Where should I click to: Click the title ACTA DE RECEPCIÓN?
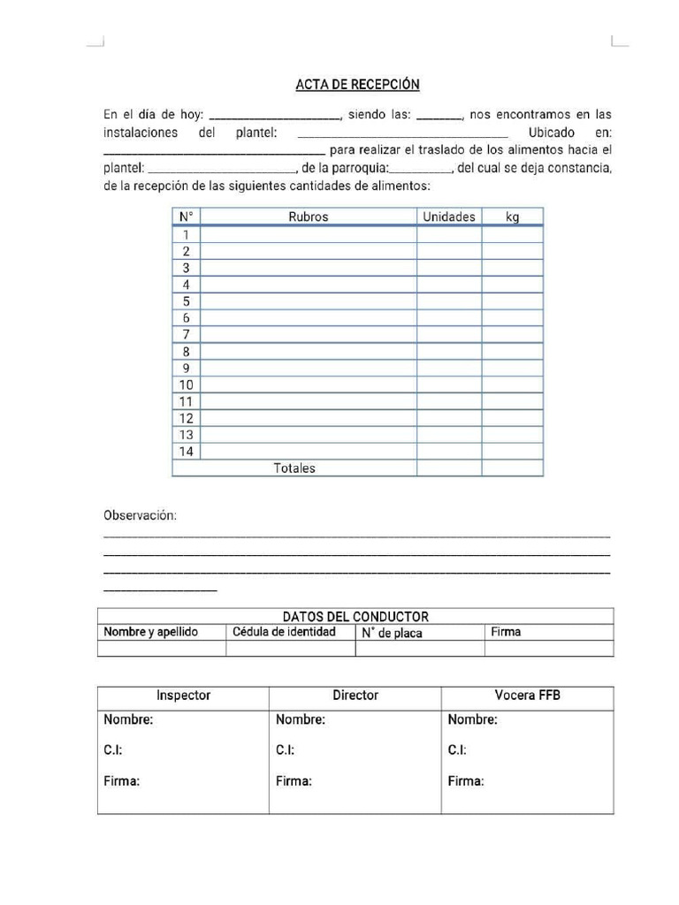(x=357, y=85)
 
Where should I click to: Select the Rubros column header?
(x=308, y=217)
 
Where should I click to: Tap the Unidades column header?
(x=448, y=217)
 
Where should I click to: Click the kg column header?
(x=512, y=217)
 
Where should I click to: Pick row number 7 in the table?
(x=186, y=335)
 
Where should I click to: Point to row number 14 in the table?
(x=186, y=452)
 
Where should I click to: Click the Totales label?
(x=294, y=468)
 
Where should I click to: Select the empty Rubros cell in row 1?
(x=308, y=235)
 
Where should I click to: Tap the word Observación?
(x=140, y=515)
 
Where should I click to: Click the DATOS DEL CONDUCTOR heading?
(x=355, y=617)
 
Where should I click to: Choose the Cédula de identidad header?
(x=284, y=632)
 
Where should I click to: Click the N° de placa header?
(x=392, y=633)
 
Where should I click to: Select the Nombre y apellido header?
(x=151, y=632)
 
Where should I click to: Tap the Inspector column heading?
(x=183, y=696)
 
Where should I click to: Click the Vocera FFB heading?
(x=527, y=696)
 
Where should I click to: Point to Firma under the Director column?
(x=294, y=781)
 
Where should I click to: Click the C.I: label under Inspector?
(x=113, y=750)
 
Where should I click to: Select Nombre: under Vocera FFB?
(x=472, y=719)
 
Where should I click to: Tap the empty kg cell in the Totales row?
(x=512, y=468)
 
